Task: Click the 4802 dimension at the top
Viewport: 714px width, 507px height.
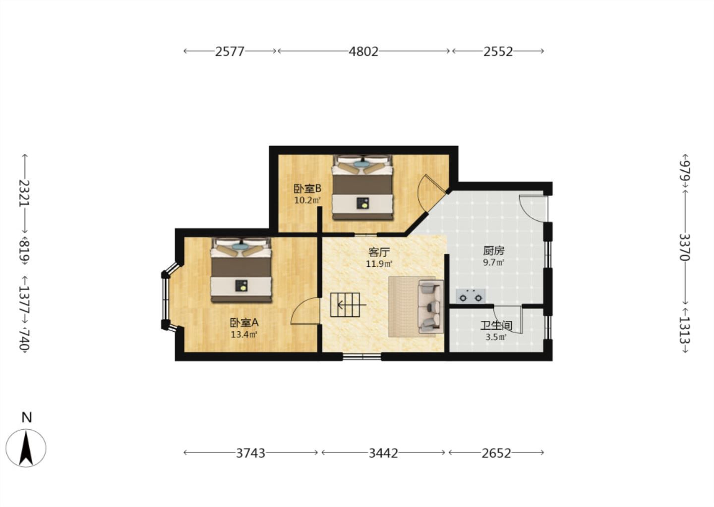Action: (363, 51)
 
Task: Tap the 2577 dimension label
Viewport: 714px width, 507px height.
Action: (230, 51)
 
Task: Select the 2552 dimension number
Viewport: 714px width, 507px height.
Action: (498, 51)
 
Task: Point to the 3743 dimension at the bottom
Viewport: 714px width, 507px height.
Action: (250, 453)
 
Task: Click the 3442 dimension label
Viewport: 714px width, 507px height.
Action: (383, 453)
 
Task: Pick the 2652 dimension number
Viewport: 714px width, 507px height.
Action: (496, 453)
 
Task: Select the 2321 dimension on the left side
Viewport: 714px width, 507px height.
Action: (24, 193)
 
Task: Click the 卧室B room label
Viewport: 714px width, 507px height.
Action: (307, 189)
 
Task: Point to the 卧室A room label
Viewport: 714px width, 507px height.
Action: (244, 323)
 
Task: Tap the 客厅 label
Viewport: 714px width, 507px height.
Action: (379, 252)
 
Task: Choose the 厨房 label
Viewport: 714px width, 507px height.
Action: (493, 251)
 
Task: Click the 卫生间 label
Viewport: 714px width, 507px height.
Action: (496, 325)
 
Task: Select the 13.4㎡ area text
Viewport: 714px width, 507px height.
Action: (244, 335)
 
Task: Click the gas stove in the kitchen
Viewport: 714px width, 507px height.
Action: (471, 296)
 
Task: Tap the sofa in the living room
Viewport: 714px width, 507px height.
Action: (430, 306)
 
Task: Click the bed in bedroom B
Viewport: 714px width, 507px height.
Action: (362, 187)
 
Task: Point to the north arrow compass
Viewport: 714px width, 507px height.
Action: (26, 448)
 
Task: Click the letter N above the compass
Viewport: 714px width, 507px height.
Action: (27, 417)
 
